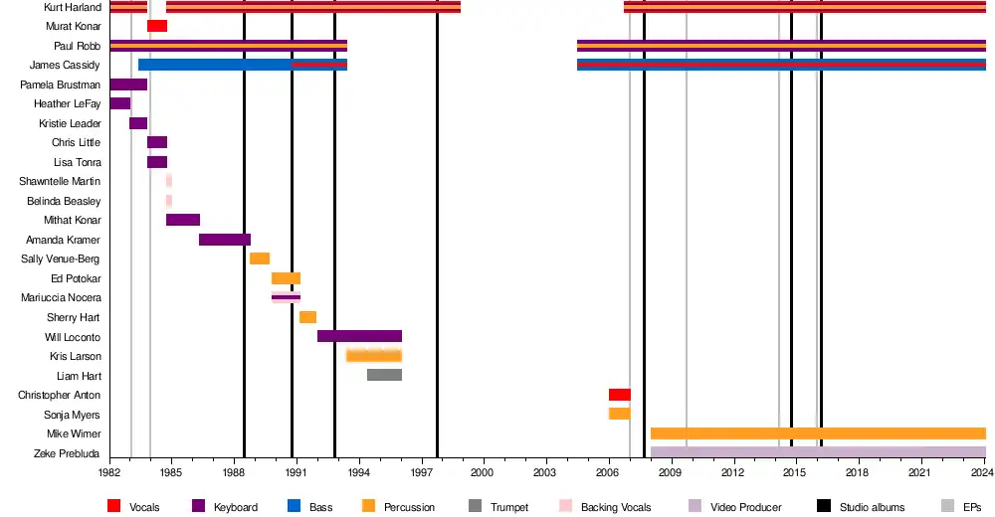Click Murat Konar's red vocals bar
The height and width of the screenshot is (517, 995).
pos(157,26)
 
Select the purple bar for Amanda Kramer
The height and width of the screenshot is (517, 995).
pos(225,240)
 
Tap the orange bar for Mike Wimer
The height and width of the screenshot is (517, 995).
pos(818,433)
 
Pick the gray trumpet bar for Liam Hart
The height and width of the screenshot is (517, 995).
pos(384,375)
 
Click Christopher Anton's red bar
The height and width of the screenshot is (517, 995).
pos(619,395)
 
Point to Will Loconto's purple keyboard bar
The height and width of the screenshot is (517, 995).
pos(359,336)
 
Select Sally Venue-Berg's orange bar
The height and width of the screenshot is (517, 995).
pos(260,258)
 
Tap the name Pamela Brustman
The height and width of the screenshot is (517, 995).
pos(60,85)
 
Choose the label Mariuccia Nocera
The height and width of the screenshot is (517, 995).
pos(61,297)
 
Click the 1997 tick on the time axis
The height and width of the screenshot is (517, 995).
pos(422,472)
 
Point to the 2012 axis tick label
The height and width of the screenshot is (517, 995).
pos(734,472)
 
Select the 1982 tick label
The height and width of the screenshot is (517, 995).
pos(109,472)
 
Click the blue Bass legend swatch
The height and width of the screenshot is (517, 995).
pos(295,507)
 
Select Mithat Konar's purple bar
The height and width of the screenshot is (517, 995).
pos(183,220)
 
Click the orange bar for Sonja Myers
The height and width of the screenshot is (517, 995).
pos(619,414)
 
